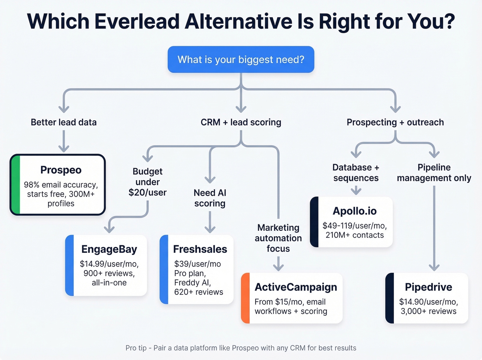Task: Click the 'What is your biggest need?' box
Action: click(x=241, y=60)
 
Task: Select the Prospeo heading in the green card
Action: click(x=61, y=170)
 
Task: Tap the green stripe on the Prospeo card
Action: click(x=15, y=185)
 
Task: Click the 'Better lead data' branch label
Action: click(x=64, y=122)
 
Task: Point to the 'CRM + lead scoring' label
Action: click(x=241, y=122)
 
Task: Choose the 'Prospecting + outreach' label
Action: click(x=395, y=122)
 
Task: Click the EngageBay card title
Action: click(x=109, y=249)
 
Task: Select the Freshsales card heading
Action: click(x=200, y=249)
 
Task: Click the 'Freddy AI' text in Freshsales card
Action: click(x=192, y=282)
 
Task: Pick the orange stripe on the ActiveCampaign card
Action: click(x=245, y=298)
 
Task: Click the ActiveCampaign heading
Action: click(x=296, y=287)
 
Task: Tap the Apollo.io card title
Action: click(x=354, y=211)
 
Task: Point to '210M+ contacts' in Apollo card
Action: click(x=354, y=235)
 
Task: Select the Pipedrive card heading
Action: click(x=428, y=287)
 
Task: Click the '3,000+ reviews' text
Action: click(x=428, y=311)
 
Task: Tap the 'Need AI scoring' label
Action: click(x=210, y=198)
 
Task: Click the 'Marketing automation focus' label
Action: click(x=278, y=238)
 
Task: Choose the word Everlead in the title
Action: click(x=137, y=21)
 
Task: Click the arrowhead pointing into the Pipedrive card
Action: click(x=434, y=267)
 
